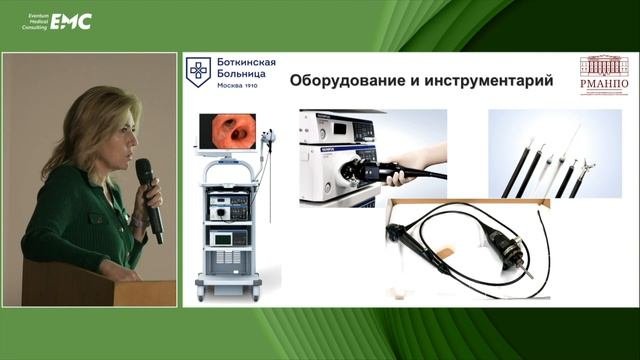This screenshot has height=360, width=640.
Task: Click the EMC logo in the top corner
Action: pos(71,21)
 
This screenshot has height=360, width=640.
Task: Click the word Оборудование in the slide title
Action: pos(349,81)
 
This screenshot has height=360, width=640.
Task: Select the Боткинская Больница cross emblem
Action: pos(200,73)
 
